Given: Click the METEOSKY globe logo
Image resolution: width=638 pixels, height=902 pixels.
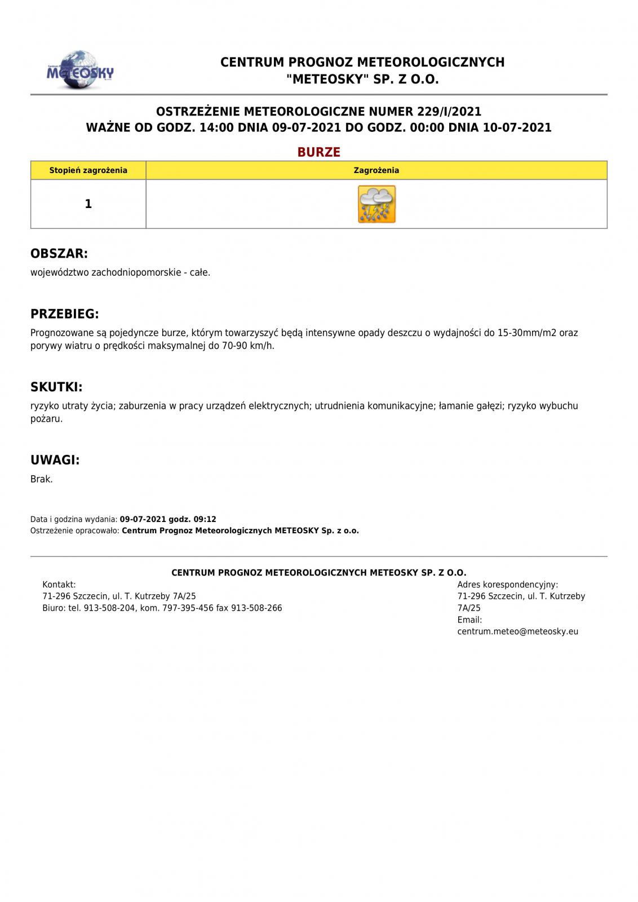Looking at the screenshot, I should [79, 70].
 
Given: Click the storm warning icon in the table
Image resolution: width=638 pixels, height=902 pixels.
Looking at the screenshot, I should [376, 204].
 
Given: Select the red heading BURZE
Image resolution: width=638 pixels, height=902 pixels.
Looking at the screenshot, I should [319, 152].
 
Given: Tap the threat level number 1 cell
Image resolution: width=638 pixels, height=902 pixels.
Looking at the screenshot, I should [88, 204].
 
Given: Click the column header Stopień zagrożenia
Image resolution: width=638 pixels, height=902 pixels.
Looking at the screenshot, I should [88, 170].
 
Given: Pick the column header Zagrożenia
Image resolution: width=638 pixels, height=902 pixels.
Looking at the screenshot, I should [376, 170].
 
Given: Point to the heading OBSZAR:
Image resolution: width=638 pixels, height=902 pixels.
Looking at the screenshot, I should [59, 254].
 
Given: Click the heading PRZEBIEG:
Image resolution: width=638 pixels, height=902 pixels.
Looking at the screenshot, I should [65, 314].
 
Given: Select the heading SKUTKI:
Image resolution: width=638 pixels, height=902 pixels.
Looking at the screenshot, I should [56, 387].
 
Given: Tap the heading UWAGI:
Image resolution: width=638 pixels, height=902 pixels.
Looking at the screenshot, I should [55, 460].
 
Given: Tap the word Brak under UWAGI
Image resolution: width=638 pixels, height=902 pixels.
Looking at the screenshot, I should [41, 479].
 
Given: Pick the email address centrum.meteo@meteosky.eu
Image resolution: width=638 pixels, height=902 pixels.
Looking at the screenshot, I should [517, 631].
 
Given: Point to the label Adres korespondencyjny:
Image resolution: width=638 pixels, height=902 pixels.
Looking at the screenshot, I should [507, 585].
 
